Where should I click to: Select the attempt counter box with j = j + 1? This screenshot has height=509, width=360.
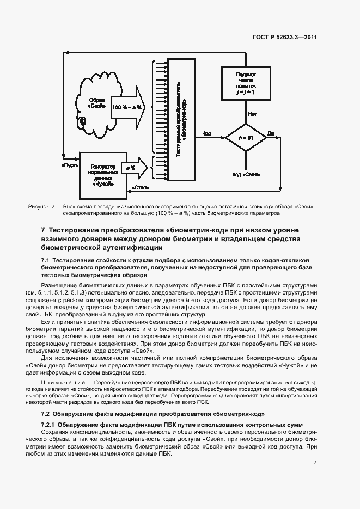tap(246, 83)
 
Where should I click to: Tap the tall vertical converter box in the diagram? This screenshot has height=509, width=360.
tap(182, 120)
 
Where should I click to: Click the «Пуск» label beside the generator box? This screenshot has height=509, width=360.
tap(68, 163)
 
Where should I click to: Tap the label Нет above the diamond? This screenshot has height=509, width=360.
tap(253, 114)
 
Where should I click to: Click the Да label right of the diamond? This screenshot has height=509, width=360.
tap(271, 132)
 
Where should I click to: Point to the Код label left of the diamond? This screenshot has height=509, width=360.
tap(207, 133)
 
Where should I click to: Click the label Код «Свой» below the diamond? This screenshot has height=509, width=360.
tap(246, 175)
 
